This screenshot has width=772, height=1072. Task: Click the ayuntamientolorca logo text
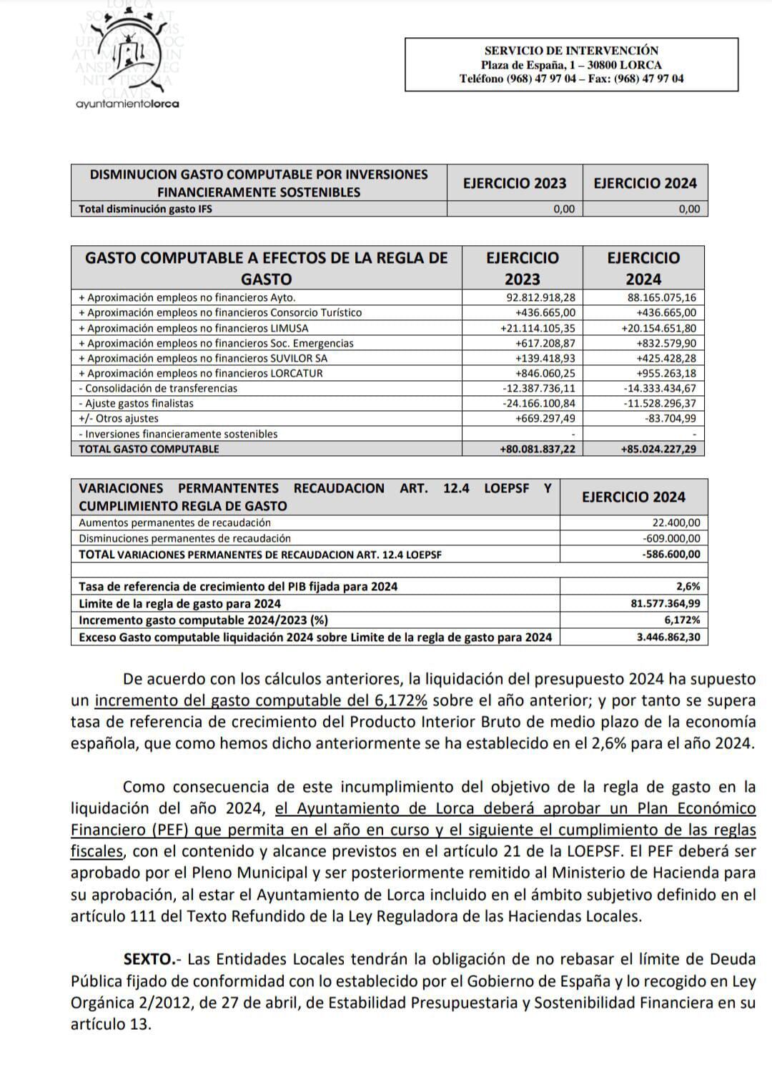pyautogui.click(x=127, y=104)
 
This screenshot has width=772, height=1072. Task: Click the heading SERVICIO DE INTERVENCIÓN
pyautogui.click(x=571, y=50)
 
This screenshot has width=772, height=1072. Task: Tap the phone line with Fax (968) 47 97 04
pyautogui.click(x=571, y=79)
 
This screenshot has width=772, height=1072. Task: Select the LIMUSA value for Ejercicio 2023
pyautogui.click(x=540, y=328)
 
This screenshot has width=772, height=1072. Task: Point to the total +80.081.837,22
pyautogui.click(x=538, y=449)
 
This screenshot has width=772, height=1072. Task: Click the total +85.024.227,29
pyautogui.click(x=658, y=449)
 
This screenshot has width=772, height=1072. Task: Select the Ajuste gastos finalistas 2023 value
pyautogui.click(x=539, y=403)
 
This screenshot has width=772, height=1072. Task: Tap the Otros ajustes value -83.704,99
pyautogui.click(x=670, y=418)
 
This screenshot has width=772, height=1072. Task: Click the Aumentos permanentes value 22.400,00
pyautogui.click(x=676, y=522)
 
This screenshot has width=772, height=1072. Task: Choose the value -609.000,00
pyautogui.click(x=672, y=538)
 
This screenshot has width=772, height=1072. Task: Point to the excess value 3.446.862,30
pyautogui.click(x=668, y=637)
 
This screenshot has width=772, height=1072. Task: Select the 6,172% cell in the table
pyautogui.click(x=682, y=620)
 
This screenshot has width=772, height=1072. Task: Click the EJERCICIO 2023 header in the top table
pyautogui.click(x=515, y=183)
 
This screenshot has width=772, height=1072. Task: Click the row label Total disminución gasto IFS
pyautogui.click(x=145, y=209)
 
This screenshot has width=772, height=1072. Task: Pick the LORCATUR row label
pyautogui.click(x=200, y=373)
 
